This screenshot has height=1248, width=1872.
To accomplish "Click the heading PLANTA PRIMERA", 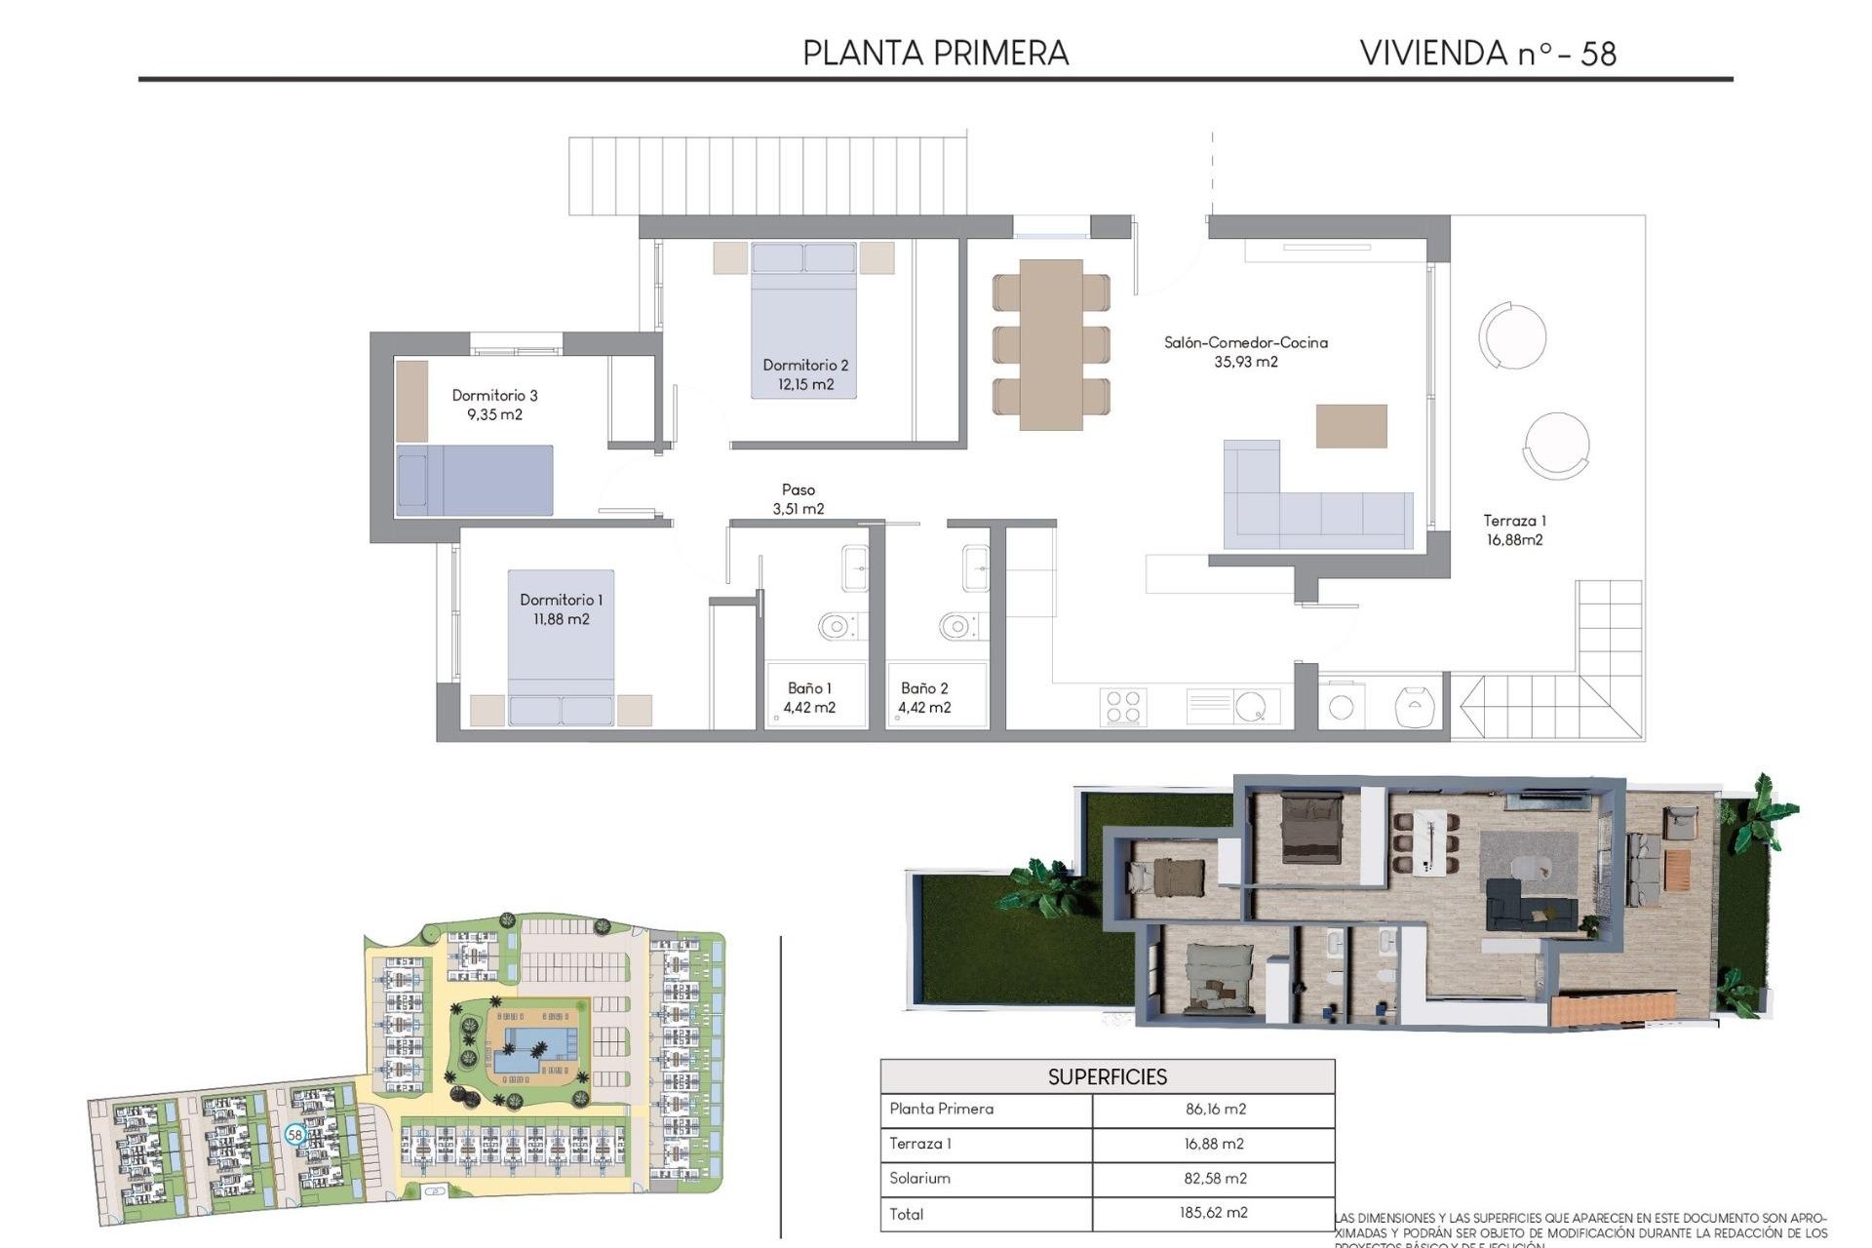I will [x=935, y=53].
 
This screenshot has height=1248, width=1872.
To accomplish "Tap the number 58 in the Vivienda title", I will [x=1598, y=54].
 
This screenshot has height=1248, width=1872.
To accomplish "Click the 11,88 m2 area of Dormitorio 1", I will [x=561, y=619].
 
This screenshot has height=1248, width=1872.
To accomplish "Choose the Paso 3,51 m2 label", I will [x=799, y=498].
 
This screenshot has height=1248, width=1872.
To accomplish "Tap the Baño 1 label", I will [x=809, y=688].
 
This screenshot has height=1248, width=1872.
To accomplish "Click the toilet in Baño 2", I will [x=957, y=626].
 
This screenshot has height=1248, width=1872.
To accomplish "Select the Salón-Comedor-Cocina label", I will [x=1245, y=342].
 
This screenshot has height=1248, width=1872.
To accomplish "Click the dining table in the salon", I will [x=1051, y=343].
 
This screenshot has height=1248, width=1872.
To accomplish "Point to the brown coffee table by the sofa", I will [x=1350, y=426].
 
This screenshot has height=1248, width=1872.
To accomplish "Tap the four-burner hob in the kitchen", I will [x=1122, y=707].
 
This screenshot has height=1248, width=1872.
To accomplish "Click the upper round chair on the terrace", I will [x=1512, y=336].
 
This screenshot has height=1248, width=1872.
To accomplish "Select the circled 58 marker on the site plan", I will [x=294, y=1135].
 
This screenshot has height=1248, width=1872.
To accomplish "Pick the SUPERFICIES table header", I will [x=1107, y=1076].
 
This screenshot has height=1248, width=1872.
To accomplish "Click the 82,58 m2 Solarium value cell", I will [x=1215, y=1178].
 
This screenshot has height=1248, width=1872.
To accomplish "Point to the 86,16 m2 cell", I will [x=1215, y=1109].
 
